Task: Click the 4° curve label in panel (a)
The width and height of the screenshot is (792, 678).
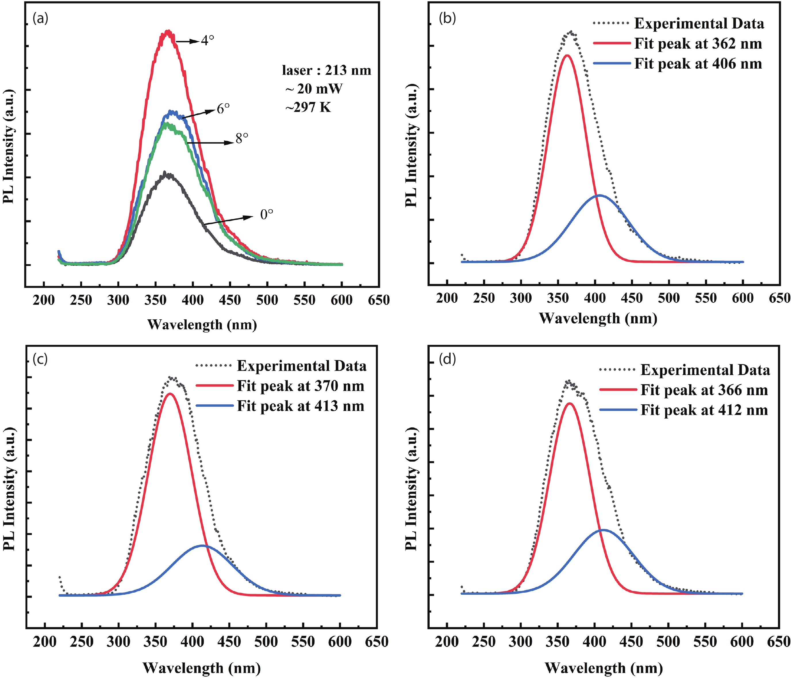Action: click(207, 40)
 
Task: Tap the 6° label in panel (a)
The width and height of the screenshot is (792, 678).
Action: click(223, 109)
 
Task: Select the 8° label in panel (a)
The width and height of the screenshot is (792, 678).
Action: click(242, 139)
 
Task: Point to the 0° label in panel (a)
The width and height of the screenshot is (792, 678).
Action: click(266, 215)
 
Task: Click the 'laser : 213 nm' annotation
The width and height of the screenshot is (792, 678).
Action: click(326, 70)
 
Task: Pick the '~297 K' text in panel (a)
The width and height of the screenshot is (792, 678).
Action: click(308, 107)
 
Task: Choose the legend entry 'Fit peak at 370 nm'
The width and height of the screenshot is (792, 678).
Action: click(300, 386)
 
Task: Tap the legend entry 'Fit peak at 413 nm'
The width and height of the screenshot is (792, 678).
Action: click(300, 406)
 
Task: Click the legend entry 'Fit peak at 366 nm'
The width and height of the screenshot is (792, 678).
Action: click(704, 390)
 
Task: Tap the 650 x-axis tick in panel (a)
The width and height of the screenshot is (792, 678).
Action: click(379, 300)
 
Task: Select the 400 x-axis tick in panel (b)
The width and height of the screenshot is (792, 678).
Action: click(595, 298)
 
